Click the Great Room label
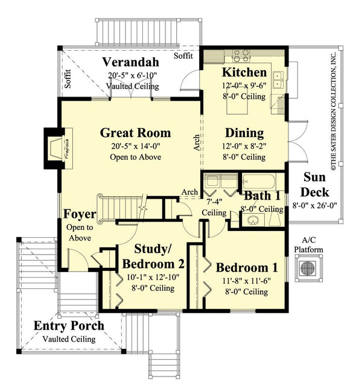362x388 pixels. [135, 133]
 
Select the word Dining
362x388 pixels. [244, 133]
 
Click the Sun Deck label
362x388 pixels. [316, 185]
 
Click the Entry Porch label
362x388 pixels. [68, 326]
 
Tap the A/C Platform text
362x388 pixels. [308, 244]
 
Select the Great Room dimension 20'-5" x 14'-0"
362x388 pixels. [135, 146]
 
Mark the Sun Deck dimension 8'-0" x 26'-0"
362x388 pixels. [316, 205]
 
